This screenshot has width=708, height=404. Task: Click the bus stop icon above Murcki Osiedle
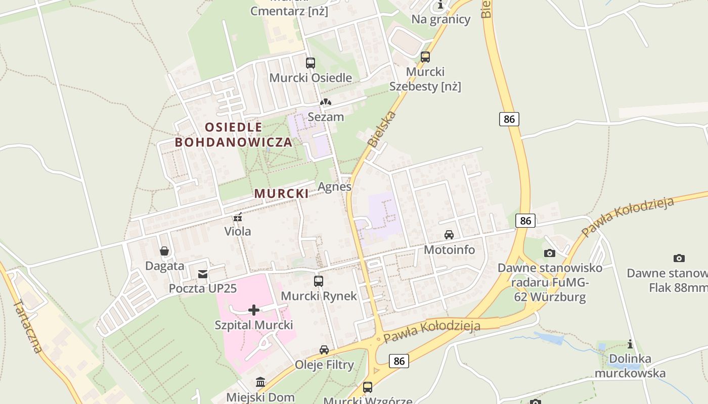[x=311, y=63]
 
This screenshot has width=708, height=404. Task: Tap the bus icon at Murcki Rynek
[x=319, y=281]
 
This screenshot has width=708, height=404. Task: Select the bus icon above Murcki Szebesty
[x=425, y=57]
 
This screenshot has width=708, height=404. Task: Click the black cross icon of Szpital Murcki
[x=254, y=310]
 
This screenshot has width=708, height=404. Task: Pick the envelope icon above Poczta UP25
[x=203, y=274]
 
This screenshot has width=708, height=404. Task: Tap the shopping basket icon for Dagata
[x=164, y=251]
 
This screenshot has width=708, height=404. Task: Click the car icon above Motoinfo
[x=449, y=235]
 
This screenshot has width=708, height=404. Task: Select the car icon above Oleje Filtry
[x=324, y=349]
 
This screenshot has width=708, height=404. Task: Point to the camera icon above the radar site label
[x=550, y=253]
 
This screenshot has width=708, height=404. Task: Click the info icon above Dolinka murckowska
[x=630, y=344]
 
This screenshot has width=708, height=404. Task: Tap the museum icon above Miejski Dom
[x=260, y=382]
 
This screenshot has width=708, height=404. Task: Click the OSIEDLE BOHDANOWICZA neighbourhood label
[x=234, y=134]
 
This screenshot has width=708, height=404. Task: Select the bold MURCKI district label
[x=281, y=193]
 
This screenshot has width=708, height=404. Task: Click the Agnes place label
[x=334, y=186]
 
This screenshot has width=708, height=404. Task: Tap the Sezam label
[x=326, y=117]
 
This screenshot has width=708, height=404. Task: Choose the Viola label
[x=238, y=231]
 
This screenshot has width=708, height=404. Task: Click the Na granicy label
[x=441, y=20]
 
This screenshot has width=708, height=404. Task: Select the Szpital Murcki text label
[x=254, y=325]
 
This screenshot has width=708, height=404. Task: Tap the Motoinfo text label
[x=450, y=249]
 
